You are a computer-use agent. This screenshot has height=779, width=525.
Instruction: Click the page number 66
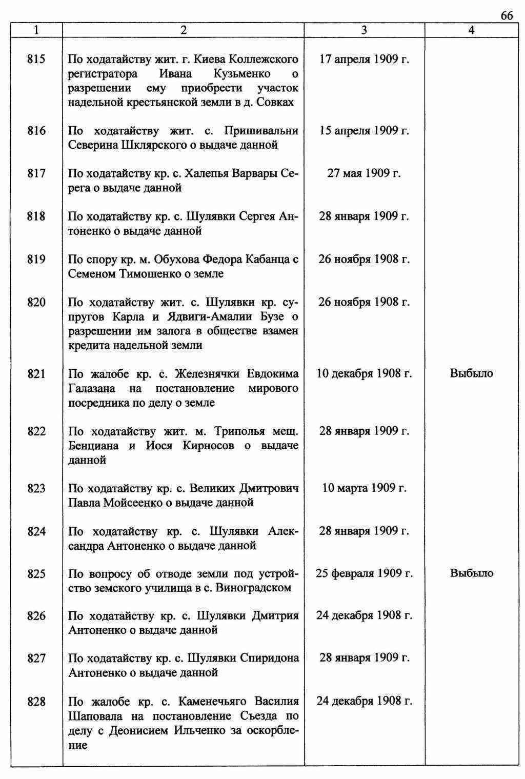(506, 16)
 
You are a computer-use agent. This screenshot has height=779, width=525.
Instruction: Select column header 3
(364, 31)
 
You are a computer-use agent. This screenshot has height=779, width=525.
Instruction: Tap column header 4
(471, 31)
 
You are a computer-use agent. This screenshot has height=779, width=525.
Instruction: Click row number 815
(36, 59)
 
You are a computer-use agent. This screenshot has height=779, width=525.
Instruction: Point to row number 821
(36, 374)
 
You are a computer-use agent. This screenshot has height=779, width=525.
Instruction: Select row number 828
(36, 702)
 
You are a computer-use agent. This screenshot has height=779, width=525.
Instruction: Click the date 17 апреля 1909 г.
(364, 59)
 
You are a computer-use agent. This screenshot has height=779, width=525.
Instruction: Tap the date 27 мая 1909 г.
(364, 174)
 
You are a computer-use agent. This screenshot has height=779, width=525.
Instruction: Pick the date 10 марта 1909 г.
(364, 488)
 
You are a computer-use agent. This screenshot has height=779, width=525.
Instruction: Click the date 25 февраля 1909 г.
(364, 573)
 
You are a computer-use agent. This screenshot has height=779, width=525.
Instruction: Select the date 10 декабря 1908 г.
(364, 374)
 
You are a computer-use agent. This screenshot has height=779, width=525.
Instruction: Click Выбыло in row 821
(471, 374)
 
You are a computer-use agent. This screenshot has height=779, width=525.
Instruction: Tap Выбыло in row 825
(471, 573)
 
